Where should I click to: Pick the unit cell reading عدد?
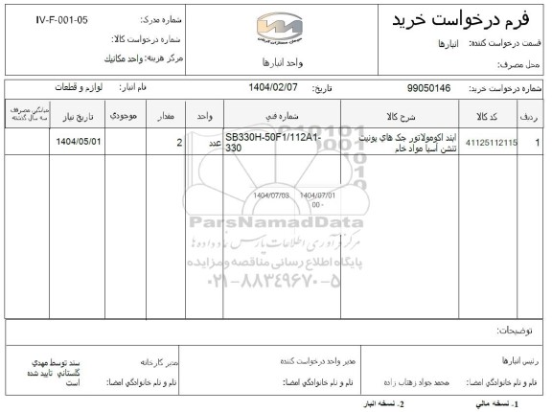[204, 144]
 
